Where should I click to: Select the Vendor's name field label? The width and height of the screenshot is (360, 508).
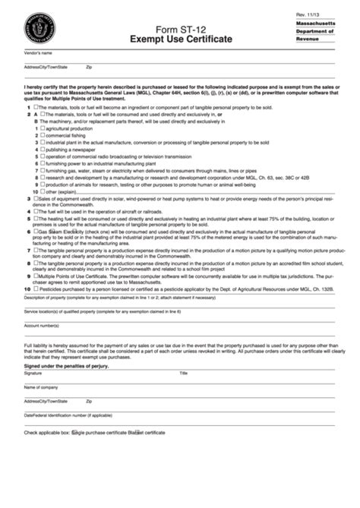39,53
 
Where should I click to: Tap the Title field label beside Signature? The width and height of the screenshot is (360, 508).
183,374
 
